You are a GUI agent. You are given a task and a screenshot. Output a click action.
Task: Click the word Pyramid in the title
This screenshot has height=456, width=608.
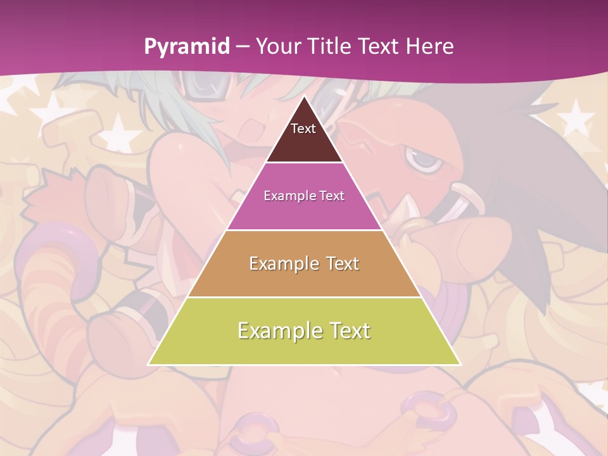tap(187, 47)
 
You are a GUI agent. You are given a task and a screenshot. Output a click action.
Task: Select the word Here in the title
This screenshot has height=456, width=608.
tap(429, 47)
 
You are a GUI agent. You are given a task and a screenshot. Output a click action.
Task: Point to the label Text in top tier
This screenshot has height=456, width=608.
tap(303, 129)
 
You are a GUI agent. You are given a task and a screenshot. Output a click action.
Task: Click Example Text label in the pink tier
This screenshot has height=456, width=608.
tap(304, 196)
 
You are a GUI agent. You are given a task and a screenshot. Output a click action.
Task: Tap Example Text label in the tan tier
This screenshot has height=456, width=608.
tap(304, 263)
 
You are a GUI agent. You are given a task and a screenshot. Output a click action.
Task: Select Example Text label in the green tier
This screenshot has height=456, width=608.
tap(304, 331)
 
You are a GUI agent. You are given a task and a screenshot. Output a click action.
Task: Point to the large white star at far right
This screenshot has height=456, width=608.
tap(577, 117)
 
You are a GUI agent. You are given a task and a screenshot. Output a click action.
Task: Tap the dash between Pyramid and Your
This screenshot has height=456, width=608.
tap(243, 47)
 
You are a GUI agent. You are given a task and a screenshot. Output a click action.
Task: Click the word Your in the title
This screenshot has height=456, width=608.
tap(277, 47)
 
